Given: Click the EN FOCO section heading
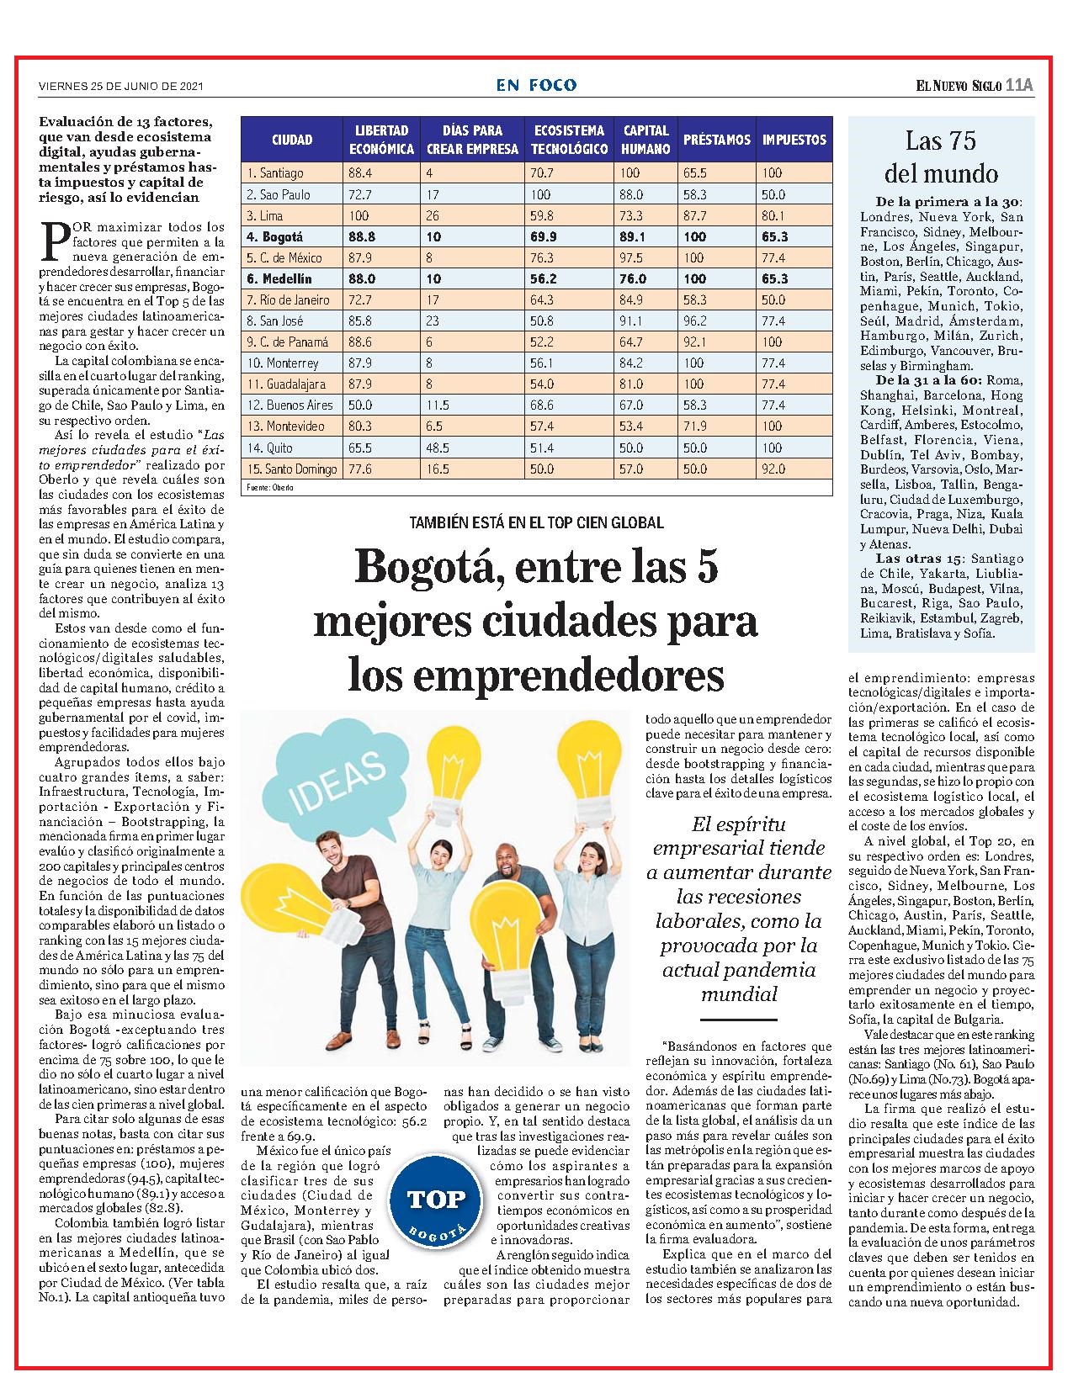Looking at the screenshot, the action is point(536,85).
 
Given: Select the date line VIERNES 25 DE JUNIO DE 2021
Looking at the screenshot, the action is point(121,86).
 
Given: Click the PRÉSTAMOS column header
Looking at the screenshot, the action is point(716,140).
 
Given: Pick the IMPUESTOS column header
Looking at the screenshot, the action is point(794,140).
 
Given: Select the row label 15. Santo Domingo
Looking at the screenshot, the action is point(292,469).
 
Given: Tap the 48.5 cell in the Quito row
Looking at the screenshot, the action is point(438,448).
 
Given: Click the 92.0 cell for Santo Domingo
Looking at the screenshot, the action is point(773,469).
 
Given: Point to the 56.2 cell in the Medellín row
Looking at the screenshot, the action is point(543,279).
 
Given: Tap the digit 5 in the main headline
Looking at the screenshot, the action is point(706,567).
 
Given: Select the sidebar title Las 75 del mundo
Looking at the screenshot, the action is point(941,156).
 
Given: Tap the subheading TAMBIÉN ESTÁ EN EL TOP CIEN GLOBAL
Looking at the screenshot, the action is point(536,522).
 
